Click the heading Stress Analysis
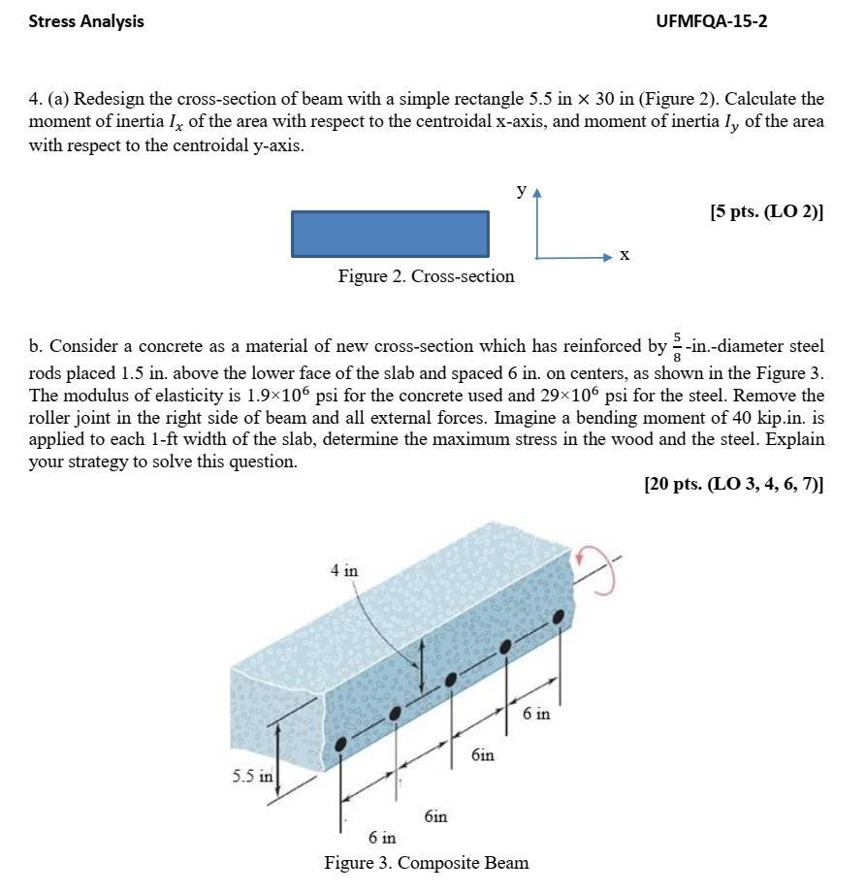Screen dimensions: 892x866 click(x=86, y=20)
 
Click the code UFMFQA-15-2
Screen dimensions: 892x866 click(x=711, y=20)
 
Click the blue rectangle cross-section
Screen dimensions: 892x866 click(x=390, y=234)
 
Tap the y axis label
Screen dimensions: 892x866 click(x=522, y=191)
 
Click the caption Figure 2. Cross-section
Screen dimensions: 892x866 click(x=426, y=276)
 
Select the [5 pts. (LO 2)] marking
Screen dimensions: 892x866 click(x=766, y=211)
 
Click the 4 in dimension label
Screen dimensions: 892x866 click(x=343, y=571)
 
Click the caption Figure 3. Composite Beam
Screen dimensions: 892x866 click(x=426, y=862)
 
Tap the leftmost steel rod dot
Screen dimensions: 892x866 click(x=340, y=745)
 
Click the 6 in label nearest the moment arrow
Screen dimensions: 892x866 click(x=535, y=714)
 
